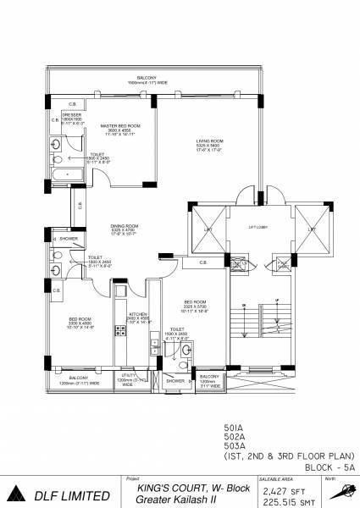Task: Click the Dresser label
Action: (x=70, y=114)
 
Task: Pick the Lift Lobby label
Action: (x=257, y=227)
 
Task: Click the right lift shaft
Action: (x=312, y=229)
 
